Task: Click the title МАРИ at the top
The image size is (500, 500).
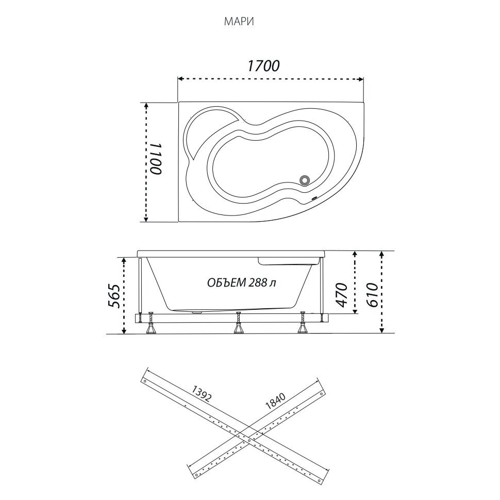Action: tap(239, 22)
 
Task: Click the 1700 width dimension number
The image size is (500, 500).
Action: tap(264, 65)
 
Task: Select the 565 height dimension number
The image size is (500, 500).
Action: tap(115, 295)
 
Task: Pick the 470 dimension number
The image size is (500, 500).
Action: tap(342, 295)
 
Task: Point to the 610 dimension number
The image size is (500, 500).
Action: tap(372, 295)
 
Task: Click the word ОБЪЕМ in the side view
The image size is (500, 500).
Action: tap(226, 282)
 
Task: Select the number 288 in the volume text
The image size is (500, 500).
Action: tap(257, 282)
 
